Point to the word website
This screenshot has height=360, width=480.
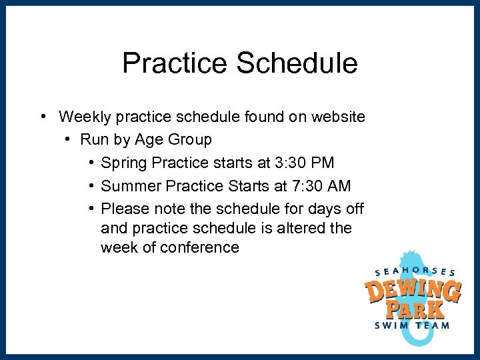pyautogui.click(x=335, y=117)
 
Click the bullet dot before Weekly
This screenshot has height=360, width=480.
pyautogui.click(x=42, y=117)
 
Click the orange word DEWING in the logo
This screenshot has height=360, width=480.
pyautogui.click(x=413, y=291)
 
